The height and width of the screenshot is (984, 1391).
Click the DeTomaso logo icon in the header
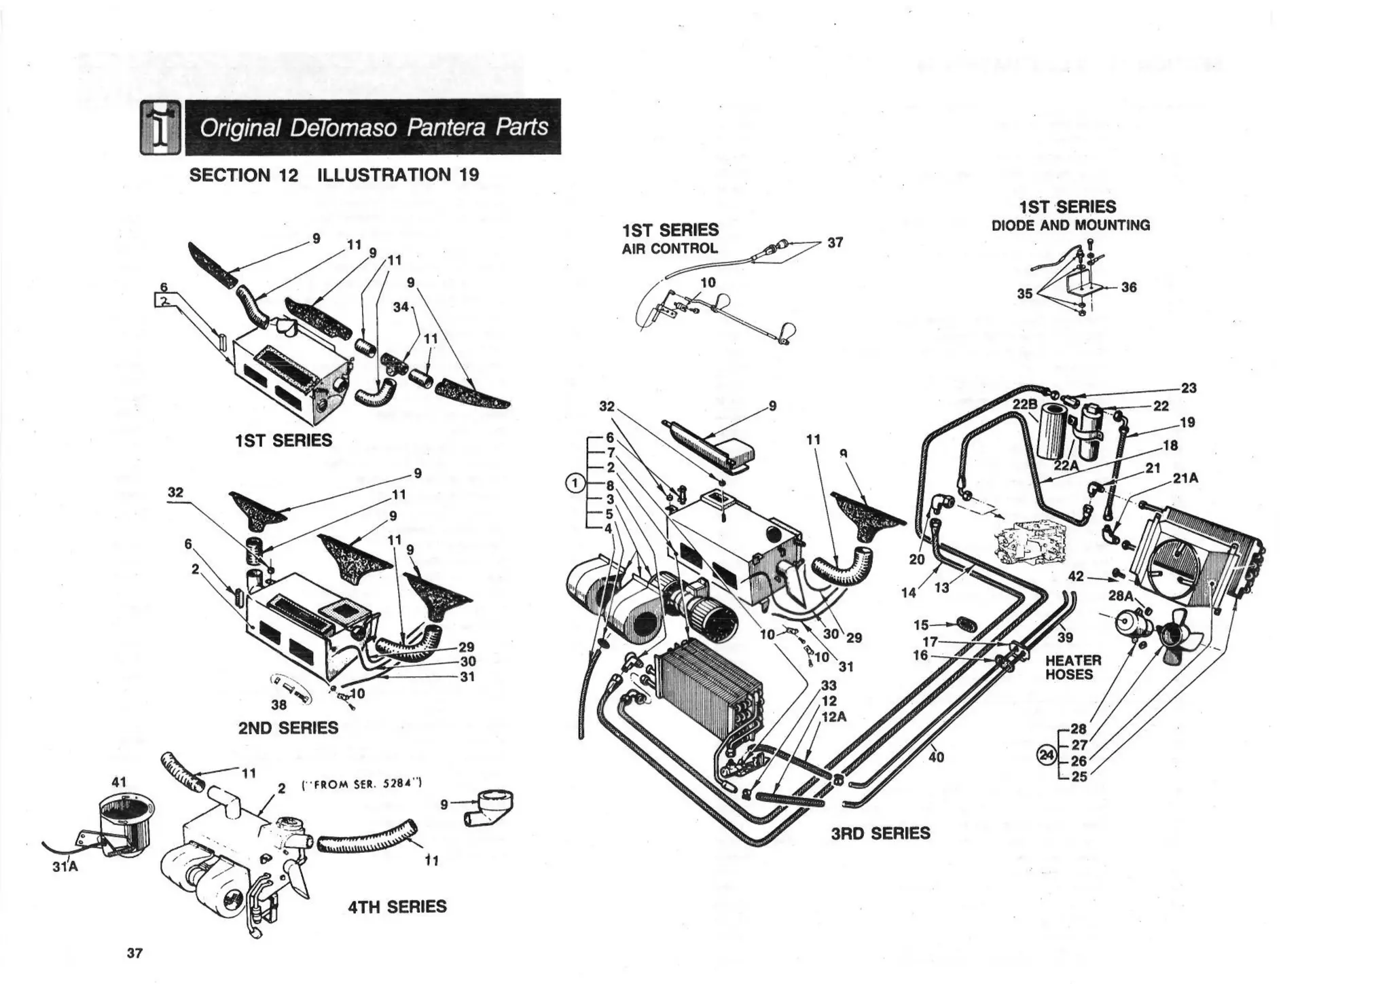click(160, 127)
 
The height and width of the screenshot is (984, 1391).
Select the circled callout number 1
click(575, 483)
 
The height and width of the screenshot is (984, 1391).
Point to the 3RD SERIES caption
click(880, 833)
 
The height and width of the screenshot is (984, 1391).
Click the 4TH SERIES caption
click(397, 907)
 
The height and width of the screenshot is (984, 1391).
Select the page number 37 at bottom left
click(134, 953)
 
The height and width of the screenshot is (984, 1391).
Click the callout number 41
click(119, 782)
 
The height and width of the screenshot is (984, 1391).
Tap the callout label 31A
click(65, 867)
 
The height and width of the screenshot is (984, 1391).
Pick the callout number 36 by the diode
click(1129, 287)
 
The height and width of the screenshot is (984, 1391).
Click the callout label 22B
click(1025, 404)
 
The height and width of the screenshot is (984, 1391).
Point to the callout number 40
click(936, 757)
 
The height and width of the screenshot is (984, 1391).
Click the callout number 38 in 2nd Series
click(278, 705)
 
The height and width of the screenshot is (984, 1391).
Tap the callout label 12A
click(833, 716)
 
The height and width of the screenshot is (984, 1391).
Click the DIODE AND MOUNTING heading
click(1071, 225)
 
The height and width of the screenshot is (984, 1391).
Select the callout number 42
click(1076, 576)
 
